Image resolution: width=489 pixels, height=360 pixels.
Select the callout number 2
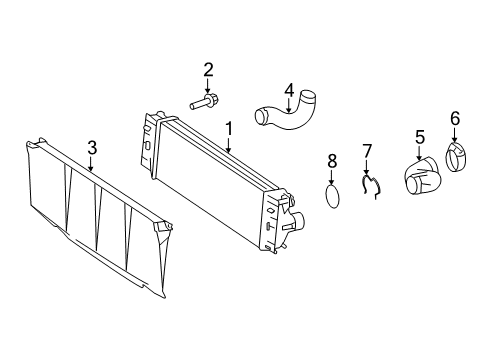(208, 69)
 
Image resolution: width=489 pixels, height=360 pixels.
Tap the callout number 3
(92, 149)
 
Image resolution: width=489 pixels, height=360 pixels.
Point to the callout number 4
(288, 91)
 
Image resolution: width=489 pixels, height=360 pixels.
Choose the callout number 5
(420, 137)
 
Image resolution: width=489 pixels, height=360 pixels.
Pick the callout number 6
(455, 119)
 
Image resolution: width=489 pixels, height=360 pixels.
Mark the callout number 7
(367, 151)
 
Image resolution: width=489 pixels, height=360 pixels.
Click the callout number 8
(333, 159)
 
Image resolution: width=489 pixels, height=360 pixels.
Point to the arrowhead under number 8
(333, 181)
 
